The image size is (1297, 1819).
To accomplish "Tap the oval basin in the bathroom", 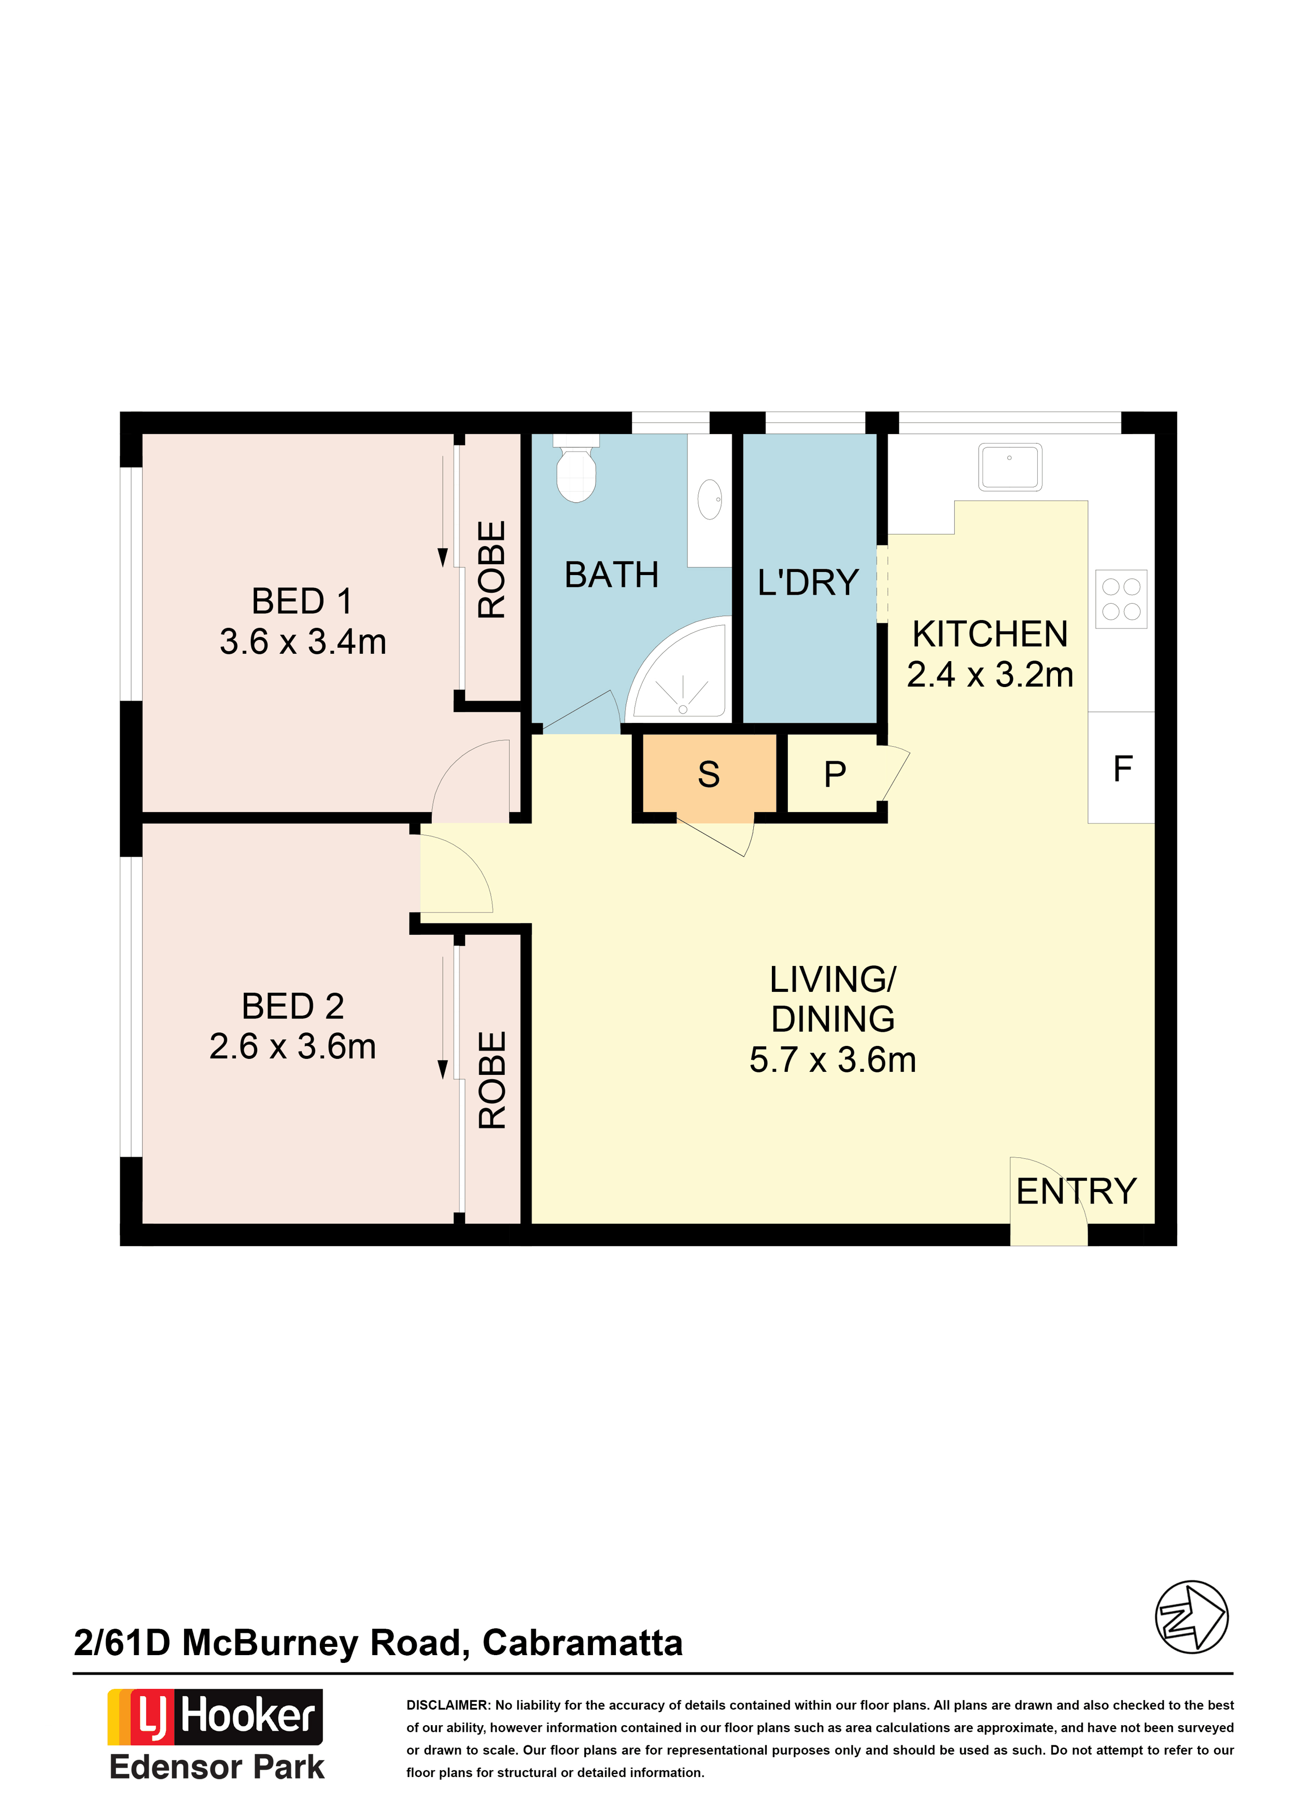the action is click(709, 500).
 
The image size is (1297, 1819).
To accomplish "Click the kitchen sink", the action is click(1010, 467).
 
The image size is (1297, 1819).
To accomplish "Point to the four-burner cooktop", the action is click(1121, 599).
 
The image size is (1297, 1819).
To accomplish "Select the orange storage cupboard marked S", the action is click(709, 778).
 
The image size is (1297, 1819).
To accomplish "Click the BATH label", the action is click(612, 575).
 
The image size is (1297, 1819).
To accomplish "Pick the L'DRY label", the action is click(808, 582).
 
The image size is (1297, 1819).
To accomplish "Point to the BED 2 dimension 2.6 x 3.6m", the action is click(293, 1046).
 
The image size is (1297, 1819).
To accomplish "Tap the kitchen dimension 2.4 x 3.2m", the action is click(990, 675).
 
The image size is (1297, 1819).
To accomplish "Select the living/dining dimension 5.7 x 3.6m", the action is click(833, 1060).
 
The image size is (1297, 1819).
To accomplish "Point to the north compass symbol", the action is click(1192, 1617).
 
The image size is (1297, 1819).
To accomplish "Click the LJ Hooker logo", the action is click(216, 1717).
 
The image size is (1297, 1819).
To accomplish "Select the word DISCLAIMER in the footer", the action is click(448, 1705).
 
